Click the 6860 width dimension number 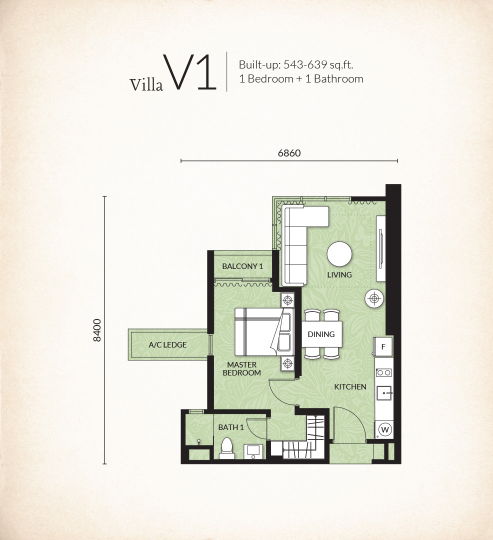(x=289, y=153)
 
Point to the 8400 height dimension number (x=97, y=330)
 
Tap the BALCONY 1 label (x=242, y=266)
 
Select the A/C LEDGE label (x=167, y=344)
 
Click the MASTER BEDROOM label (x=241, y=368)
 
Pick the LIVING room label (x=339, y=275)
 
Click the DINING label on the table (x=321, y=334)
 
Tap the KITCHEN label (x=350, y=386)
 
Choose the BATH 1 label (x=231, y=427)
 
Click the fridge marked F (x=383, y=347)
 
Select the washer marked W (x=385, y=429)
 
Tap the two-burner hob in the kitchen (x=384, y=372)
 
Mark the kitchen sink (x=384, y=393)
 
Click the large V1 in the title (x=190, y=72)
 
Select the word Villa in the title (x=146, y=84)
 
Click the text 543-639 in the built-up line (x=305, y=64)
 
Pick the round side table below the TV (x=374, y=298)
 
